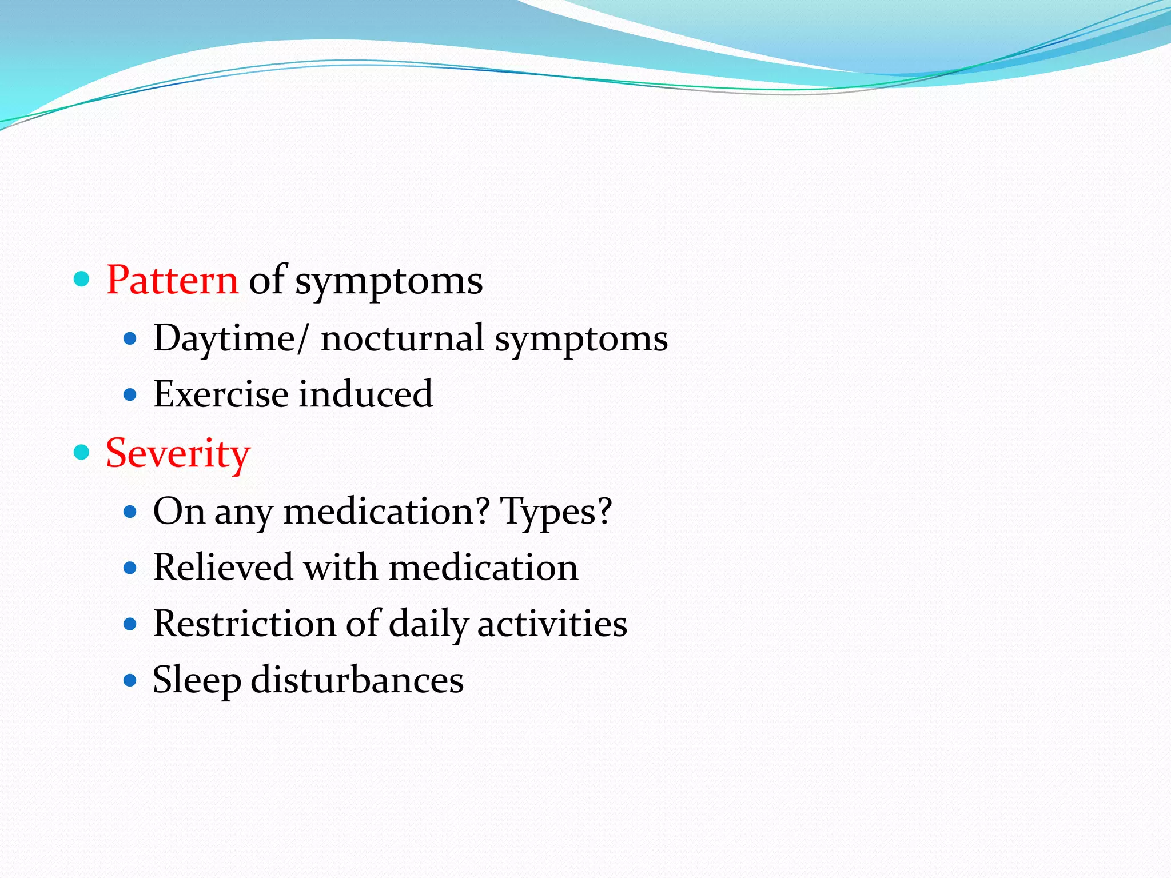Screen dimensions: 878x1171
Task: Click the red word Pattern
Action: (x=172, y=280)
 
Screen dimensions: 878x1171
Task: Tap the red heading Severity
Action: (x=178, y=453)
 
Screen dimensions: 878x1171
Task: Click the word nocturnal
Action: (x=403, y=338)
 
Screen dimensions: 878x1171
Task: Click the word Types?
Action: (x=556, y=511)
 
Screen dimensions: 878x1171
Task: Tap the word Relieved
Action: (x=222, y=568)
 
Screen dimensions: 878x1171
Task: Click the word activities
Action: (x=552, y=624)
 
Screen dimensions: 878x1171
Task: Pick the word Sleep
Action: (x=197, y=680)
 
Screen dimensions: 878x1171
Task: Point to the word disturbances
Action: (x=357, y=680)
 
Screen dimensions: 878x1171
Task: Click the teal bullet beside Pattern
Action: (x=82, y=280)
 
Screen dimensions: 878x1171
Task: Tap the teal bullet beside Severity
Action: (x=82, y=453)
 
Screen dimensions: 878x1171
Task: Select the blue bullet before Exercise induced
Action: (x=130, y=395)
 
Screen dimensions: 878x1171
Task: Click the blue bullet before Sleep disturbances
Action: (x=130, y=680)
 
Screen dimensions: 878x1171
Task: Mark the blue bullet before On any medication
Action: (x=130, y=511)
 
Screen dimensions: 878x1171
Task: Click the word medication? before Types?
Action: (x=387, y=511)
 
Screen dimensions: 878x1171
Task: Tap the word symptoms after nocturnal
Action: (x=581, y=338)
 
